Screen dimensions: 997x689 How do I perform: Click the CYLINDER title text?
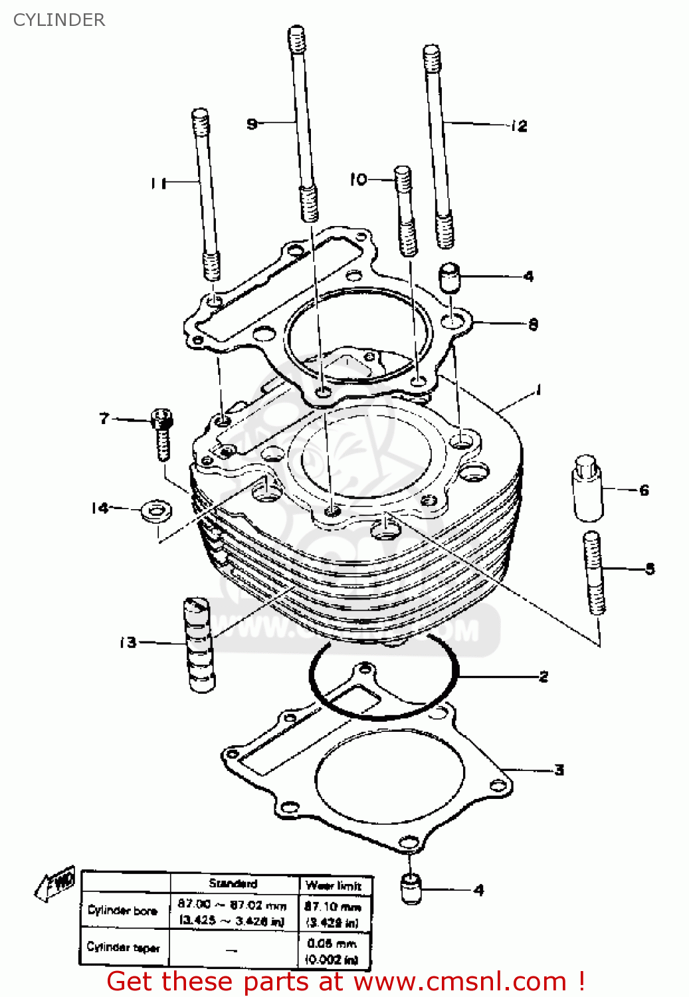pyautogui.click(x=59, y=20)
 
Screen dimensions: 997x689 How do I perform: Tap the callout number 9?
pyautogui.click(x=252, y=124)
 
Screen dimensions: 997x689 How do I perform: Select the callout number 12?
pyautogui.click(x=519, y=126)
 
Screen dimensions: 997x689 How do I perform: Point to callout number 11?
pyautogui.click(x=158, y=182)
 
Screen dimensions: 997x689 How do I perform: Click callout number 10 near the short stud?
pyautogui.click(x=358, y=179)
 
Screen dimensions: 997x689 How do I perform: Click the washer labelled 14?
pyautogui.click(x=156, y=511)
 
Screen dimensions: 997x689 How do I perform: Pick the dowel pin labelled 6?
pyautogui.click(x=587, y=489)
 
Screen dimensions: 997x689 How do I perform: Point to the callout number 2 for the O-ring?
pyautogui.click(x=543, y=677)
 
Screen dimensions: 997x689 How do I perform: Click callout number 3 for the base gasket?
pyautogui.click(x=559, y=770)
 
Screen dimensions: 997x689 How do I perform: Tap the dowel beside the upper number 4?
pyautogui.click(x=450, y=277)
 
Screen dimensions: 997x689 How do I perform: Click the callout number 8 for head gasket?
pyautogui.click(x=533, y=324)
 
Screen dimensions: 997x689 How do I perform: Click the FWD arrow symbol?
pyautogui.click(x=56, y=885)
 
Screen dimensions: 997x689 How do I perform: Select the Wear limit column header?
pyautogui.click(x=334, y=885)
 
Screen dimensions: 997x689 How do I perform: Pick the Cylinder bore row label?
pyautogui.click(x=123, y=910)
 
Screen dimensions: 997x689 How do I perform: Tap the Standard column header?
pyautogui.click(x=233, y=883)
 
